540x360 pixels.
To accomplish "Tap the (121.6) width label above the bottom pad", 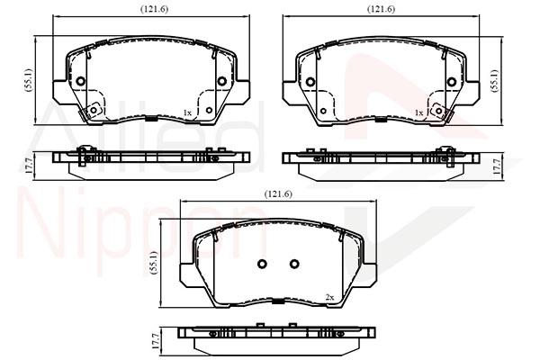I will (277, 193).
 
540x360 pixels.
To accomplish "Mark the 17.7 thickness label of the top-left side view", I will (28, 165).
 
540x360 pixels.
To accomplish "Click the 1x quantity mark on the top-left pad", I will (187, 112).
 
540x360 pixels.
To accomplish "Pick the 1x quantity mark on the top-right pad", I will (418, 112).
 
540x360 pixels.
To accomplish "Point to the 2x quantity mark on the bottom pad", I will (329, 297).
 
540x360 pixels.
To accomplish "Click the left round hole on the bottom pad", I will (263, 264).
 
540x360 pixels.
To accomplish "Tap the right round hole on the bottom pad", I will (294, 264).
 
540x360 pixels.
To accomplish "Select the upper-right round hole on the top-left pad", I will (222, 82).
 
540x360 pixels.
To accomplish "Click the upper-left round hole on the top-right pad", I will (311, 82).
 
